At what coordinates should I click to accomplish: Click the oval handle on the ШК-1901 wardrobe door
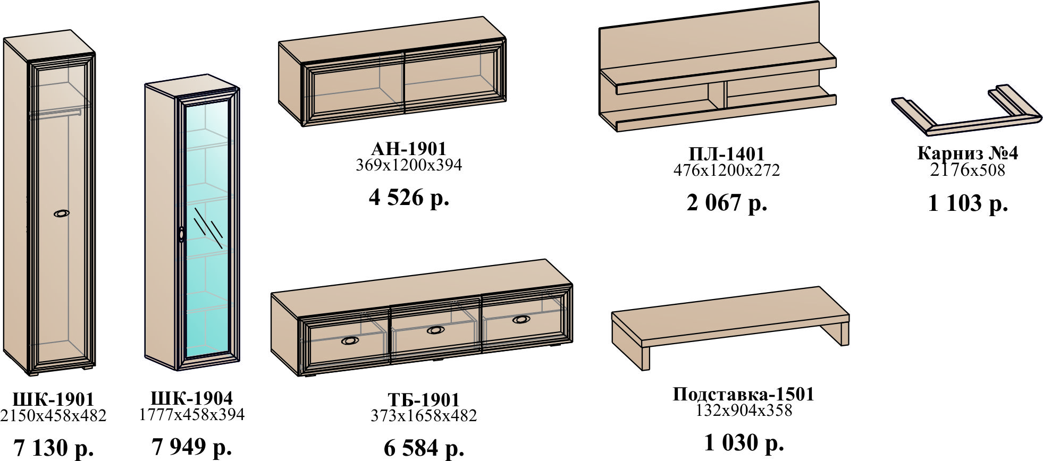62,214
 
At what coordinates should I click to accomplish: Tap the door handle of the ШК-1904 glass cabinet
182,235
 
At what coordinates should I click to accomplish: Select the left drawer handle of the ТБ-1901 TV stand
350,340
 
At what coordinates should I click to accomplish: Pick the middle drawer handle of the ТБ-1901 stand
436,330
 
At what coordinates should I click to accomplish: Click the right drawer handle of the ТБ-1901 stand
521,319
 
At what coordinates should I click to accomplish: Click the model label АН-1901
408,148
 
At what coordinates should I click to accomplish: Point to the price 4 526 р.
409,198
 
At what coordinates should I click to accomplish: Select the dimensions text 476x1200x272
726,170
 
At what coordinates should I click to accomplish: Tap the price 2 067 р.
727,203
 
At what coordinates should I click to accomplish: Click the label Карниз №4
967,153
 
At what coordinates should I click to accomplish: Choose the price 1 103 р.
968,203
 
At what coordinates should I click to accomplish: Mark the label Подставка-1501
743,394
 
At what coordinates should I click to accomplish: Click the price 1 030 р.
744,442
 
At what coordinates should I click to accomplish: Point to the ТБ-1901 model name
423,399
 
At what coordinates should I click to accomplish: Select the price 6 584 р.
424,448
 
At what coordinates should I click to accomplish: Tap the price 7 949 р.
191,447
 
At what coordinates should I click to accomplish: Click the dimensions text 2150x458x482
53,415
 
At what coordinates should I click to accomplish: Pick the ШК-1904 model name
191,398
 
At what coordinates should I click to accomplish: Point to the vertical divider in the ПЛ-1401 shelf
717,96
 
